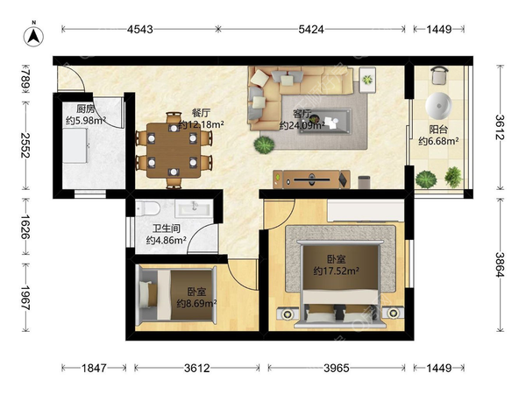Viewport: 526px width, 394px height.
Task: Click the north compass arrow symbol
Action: [x=33, y=36]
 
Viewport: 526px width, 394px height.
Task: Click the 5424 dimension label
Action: [x=311, y=30]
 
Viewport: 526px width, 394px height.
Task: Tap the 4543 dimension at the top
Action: [x=140, y=30]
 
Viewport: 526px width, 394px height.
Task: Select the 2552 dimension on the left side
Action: [x=25, y=145]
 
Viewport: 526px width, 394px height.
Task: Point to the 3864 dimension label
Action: [x=500, y=264]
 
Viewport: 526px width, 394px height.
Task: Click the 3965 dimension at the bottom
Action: [x=337, y=369]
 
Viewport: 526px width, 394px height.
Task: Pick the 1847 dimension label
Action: [x=95, y=369]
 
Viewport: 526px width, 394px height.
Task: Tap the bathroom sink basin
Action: [x=195, y=208]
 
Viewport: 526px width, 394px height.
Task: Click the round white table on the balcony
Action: [x=438, y=106]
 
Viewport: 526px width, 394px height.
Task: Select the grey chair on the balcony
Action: [x=439, y=75]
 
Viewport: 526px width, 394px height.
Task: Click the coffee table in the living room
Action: [x=325, y=121]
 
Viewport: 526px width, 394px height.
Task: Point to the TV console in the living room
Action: [x=311, y=179]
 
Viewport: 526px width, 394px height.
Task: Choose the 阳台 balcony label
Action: [x=438, y=130]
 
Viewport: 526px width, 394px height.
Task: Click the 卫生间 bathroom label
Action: [x=167, y=229]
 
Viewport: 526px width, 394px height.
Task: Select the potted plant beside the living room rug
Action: [x=265, y=144]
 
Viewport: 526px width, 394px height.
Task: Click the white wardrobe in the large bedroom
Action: [x=366, y=211]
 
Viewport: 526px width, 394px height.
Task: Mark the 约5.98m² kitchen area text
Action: [x=86, y=120]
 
